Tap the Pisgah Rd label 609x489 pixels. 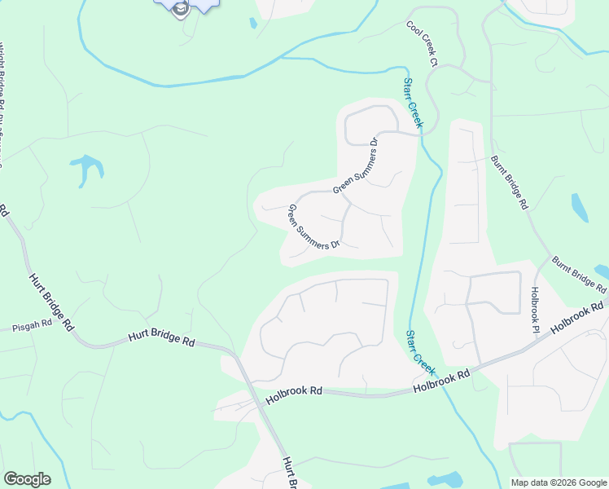point(32,324)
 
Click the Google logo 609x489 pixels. point(27,479)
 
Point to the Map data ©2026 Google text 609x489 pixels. point(557,482)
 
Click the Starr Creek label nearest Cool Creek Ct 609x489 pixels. point(413,103)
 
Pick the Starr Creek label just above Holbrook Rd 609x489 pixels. point(420,352)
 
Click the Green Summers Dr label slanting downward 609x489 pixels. point(313,227)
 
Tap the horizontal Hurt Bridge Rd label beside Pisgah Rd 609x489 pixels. point(162,338)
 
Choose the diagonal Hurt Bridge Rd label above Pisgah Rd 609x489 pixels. point(50,301)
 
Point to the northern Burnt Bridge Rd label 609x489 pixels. point(510,183)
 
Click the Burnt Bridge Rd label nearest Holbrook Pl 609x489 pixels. point(579,275)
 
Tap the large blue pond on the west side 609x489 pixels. point(88,167)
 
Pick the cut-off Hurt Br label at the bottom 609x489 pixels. point(289,474)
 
